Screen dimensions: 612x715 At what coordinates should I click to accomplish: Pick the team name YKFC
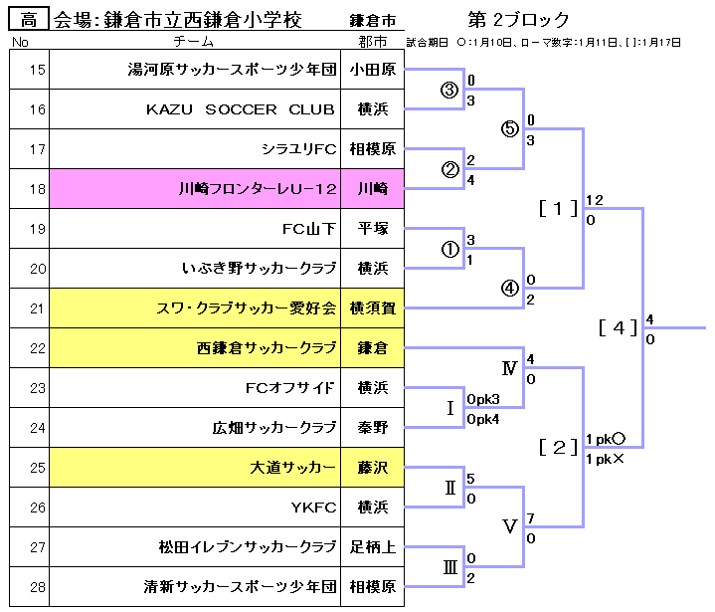click(313, 508)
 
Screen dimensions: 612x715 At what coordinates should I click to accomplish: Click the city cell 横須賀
click(372, 308)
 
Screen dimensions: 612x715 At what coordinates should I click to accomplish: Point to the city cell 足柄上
click(372, 547)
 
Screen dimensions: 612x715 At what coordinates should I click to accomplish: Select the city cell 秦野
click(372, 428)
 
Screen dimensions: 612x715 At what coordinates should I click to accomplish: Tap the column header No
click(20, 42)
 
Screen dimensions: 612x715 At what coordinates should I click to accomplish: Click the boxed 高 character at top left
click(31, 20)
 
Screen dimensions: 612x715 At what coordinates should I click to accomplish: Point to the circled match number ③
click(449, 91)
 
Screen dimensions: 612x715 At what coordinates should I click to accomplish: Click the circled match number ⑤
click(510, 130)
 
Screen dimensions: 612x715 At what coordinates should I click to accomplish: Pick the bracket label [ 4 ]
click(618, 328)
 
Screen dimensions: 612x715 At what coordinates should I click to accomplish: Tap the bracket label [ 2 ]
click(558, 448)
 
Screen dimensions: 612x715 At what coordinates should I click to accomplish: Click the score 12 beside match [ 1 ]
click(595, 200)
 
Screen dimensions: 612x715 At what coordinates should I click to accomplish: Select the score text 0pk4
click(483, 419)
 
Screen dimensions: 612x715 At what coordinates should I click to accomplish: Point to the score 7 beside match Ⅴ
click(531, 518)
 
